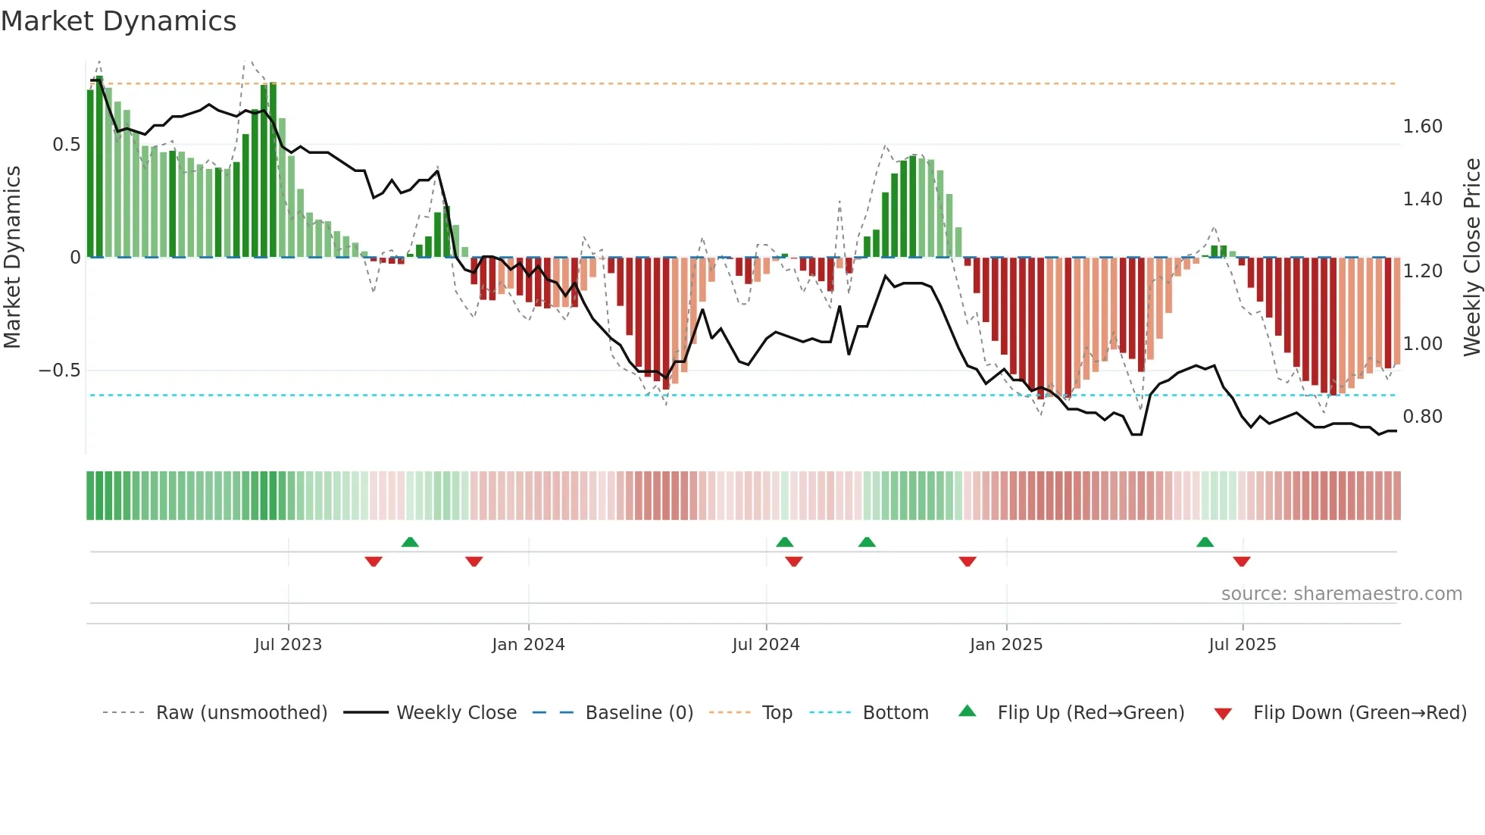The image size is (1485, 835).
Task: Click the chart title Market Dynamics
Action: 118,21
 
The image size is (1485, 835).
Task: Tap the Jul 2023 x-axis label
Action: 288,645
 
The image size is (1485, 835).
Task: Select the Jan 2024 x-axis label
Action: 528,645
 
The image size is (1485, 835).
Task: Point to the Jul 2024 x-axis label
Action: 765,645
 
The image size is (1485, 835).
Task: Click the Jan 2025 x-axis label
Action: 1005,645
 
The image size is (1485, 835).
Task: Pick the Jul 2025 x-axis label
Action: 1242,645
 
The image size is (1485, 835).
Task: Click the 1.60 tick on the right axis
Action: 1422,127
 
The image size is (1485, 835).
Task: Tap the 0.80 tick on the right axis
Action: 1422,417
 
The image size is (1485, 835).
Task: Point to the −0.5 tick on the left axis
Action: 59,371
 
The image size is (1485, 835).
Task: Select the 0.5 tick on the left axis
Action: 66,145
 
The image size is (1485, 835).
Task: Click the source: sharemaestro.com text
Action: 1341,594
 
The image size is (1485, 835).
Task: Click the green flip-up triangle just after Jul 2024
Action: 784,542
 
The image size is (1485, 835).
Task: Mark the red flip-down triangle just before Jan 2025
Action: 968,561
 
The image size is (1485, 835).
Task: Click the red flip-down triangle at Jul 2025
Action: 1241,561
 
